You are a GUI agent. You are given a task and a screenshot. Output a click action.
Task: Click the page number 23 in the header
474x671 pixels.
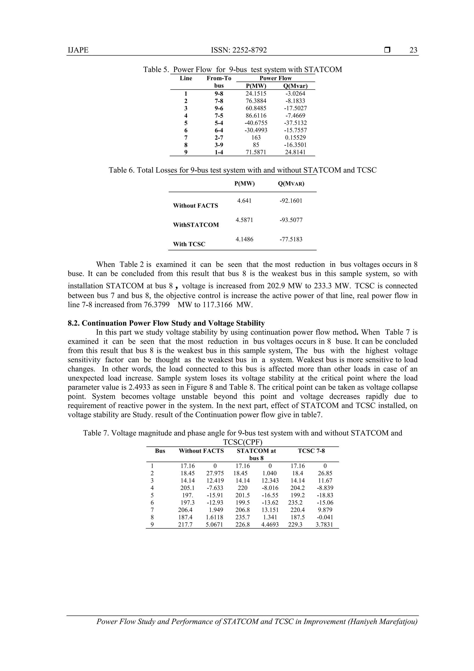(x=413, y=50)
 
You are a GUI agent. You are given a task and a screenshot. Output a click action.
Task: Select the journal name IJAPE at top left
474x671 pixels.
(x=78, y=50)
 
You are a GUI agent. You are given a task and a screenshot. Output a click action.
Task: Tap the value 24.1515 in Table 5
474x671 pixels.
(x=256, y=94)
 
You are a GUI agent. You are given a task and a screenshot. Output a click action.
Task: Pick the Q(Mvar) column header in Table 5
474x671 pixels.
(x=295, y=86)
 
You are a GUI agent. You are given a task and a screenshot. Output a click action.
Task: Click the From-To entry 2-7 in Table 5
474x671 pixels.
(x=219, y=137)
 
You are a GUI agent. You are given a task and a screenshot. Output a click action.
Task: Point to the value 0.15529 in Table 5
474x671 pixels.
(x=295, y=137)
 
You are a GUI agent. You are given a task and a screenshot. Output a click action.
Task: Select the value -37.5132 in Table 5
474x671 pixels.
(x=295, y=123)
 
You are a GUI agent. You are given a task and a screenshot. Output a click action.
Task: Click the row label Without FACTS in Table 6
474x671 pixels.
(x=195, y=205)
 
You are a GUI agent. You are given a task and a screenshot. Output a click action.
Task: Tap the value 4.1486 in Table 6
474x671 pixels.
(x=244, y=239)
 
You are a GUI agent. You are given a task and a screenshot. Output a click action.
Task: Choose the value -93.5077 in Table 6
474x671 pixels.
(x=291, y=220)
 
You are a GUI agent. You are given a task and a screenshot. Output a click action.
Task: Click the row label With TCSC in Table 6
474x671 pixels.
(x=189, y=244)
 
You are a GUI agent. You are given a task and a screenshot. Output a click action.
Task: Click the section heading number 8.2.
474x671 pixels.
(x=74, y=323)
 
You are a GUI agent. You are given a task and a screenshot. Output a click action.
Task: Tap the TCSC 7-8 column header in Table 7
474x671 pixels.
(x=311, y=451)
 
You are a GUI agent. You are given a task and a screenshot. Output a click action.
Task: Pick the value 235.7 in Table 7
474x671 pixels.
(x=242, y=517)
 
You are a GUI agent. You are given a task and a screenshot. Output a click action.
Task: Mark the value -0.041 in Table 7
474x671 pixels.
(x=325, y=517)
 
